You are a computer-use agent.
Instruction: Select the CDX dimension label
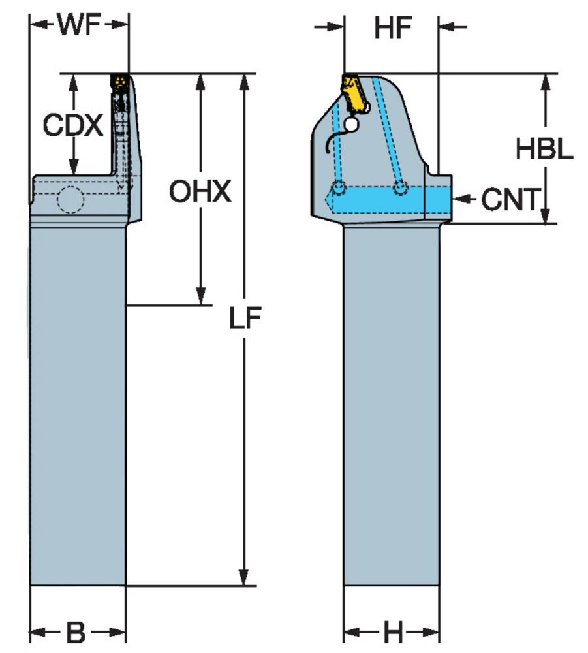[x=73, y=125]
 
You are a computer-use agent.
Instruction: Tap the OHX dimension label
[x=200, y=191]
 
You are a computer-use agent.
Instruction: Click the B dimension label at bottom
[x=76, y=631]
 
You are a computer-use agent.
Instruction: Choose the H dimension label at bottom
[x=392, y=631]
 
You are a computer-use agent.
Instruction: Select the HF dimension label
[x=393, y=27]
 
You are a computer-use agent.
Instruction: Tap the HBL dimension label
[x=544, y=149]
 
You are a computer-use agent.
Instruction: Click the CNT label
[x=510, y=199]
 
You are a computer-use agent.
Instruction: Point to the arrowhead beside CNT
[x=459, y=199]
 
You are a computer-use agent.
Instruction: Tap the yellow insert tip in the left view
[x=119, y=82]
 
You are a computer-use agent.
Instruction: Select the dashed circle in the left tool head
[x=70, y=199]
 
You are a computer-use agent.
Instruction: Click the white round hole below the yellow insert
[x=352, y=124]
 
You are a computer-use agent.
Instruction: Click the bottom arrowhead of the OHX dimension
[x=200, y=296]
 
